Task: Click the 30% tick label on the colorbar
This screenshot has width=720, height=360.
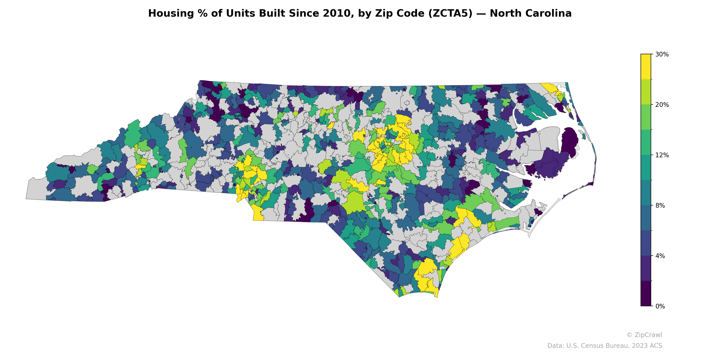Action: click(x=661, y=54)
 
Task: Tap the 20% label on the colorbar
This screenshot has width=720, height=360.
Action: click(x=661, y=105)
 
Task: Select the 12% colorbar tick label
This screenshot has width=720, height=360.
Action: click(x=661, y=155)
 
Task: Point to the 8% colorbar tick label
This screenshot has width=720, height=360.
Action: click(x=660, y=205)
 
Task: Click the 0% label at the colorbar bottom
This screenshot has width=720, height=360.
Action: click(x=660, y=306)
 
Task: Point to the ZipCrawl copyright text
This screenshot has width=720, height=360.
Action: click(x=644, y=335)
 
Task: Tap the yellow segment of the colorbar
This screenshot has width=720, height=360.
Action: click(x=646, y=67)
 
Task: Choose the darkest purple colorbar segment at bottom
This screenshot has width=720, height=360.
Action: click(x=646, y=293)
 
